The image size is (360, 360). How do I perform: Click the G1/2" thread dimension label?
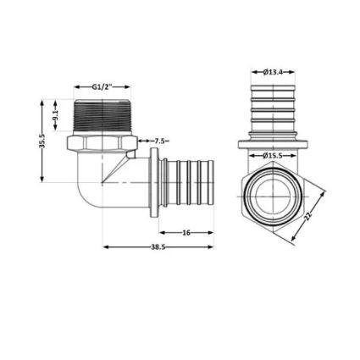(x=102, y=87)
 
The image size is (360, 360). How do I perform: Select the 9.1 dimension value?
(x=55, y=115)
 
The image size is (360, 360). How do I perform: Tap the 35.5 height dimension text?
(x=42, y=141)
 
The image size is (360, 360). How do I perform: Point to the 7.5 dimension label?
(x=159, y=141)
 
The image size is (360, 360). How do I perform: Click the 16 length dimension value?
(x=186, y=233)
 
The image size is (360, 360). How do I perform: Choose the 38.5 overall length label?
(x=158, y=247)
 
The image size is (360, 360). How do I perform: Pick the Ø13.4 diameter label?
(x=273, y=72)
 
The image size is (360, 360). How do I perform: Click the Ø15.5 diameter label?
(x=273, y=156)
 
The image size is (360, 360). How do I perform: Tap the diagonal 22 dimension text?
(x=307, y=215)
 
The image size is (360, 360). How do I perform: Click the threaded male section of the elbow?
(x=102, y=116)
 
